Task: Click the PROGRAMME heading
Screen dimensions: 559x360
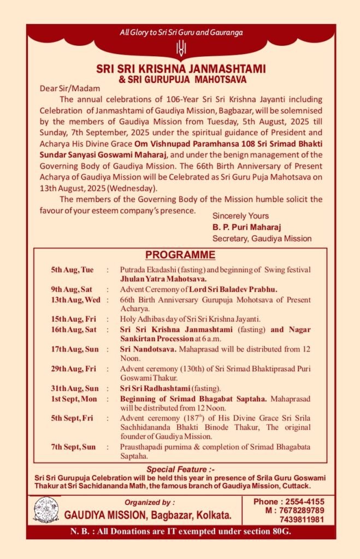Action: pyautogui.click(x=180, y=255)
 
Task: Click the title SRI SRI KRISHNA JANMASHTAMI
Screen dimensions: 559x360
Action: pyautogui.click(x=180, y=69)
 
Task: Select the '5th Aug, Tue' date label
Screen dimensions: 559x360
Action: pyautogui.click(x=72, y=270)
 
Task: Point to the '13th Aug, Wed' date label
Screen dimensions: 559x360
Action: pyautogui.click(x=75, y=300)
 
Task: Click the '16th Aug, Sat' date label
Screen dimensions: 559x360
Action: pyautogui.click(x=74, y=329)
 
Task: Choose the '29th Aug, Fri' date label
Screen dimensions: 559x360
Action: pyautogui.click(x=73, y=369)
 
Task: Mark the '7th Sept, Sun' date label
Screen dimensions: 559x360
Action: pyautogui.click(x=73, y=447)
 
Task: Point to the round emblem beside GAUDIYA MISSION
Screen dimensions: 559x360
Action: pyautogui.click(x=46, y=509)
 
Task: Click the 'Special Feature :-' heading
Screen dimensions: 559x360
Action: pyautogui.click(x=180, y=469)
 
